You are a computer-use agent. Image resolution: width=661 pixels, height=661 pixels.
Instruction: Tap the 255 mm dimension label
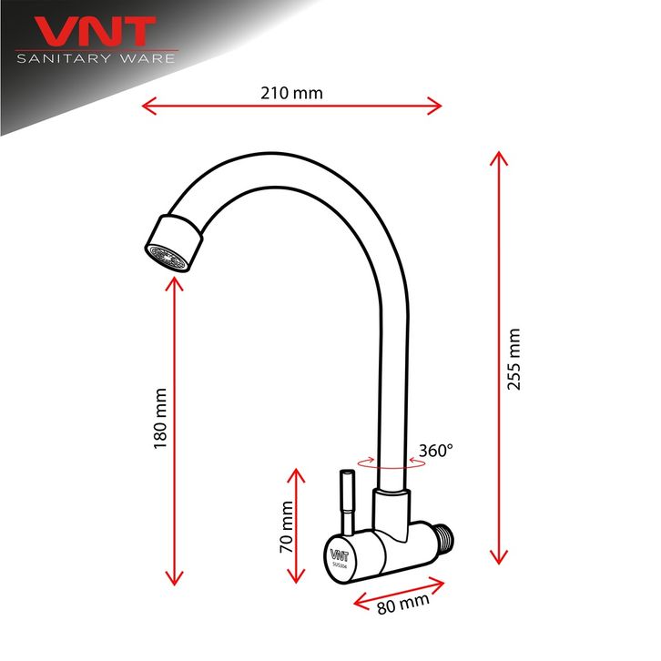point(514,359)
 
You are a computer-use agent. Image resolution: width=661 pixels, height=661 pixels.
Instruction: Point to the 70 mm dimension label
point(286,528)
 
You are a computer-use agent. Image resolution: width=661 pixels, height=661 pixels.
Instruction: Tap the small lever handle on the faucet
point(347,502)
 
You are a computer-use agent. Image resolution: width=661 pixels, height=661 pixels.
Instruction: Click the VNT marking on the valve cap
point(339,552)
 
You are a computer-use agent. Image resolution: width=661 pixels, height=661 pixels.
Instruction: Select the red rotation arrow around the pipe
point(391,464)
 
